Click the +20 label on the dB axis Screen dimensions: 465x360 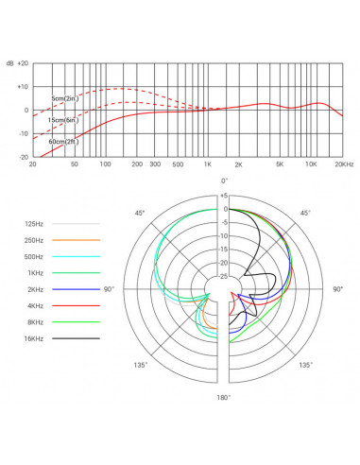(x=24, y=62)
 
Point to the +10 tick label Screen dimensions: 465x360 (x=24, y=87)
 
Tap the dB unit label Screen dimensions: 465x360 (x=9, y=62)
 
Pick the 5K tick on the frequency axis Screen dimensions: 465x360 (x=280, y=164)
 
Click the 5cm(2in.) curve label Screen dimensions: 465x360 (x=64, y=98)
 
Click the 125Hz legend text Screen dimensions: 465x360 (x=33, y=223)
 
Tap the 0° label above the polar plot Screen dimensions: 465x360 (x=224, y=181)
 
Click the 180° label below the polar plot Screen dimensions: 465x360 (x=224, y=398)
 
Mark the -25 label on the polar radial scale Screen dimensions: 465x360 (x=222, y=276)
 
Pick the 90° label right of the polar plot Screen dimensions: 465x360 (x=337, y=289)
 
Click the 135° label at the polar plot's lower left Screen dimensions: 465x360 (x=140, y=365)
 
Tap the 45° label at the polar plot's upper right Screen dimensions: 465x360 (x=306, y=214)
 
